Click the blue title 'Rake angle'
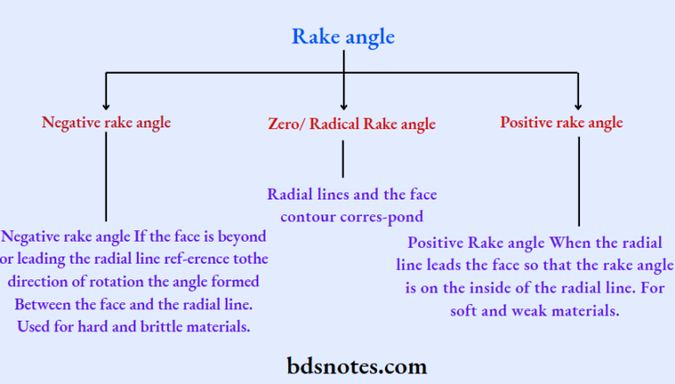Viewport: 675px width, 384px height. tap(343, 37)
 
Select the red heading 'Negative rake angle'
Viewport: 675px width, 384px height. tap(106, 123)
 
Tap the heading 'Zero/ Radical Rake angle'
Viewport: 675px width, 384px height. tap(352, 124)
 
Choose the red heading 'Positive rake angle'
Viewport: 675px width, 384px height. tap(562, 123)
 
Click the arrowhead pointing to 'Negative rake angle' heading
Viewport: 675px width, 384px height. tap(105, 106)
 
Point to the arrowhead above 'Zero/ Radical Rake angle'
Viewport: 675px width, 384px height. tap(344, 106)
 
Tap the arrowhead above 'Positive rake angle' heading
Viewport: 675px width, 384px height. tap(578, 106)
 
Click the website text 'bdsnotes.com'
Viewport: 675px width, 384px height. tap(357, 366)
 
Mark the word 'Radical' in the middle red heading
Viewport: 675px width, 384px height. tap(334, 124)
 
